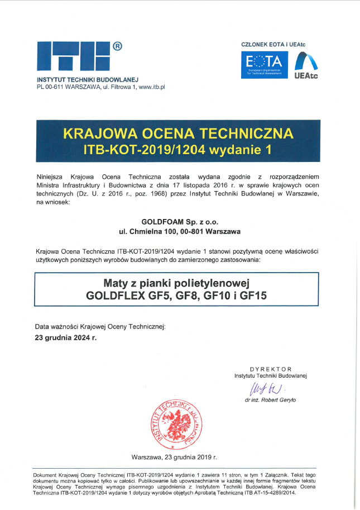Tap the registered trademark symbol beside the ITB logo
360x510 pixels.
117,46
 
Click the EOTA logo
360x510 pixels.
265,64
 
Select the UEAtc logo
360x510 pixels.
306,64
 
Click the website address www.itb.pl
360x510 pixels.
151,87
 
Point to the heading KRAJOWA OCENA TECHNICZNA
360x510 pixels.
178,134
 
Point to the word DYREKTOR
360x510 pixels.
271,369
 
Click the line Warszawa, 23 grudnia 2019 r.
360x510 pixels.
174,457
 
